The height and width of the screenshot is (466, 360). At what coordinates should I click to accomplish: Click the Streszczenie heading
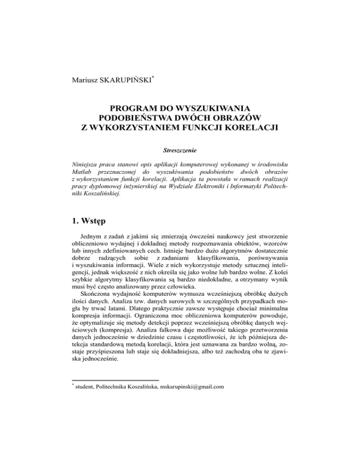180,151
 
